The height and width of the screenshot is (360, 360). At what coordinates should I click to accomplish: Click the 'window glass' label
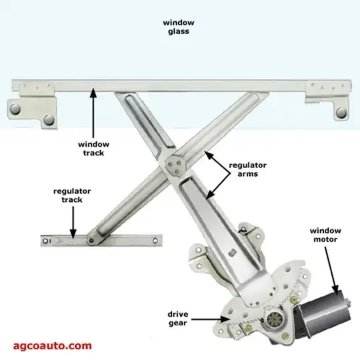pos(179,27)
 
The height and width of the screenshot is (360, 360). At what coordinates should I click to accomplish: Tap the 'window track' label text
pos(93,149)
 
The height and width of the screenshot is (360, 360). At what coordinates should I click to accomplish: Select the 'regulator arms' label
pos(248,169)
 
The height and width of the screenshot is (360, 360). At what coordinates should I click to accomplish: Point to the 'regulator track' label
pos(72,195)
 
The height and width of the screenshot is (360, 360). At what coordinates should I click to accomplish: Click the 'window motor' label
pos(325,235)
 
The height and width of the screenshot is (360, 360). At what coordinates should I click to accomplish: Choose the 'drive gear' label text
pos(178,319)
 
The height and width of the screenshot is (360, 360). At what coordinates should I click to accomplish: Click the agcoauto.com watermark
pos(53,346)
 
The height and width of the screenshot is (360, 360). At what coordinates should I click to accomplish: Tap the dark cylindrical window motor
pos(323,312)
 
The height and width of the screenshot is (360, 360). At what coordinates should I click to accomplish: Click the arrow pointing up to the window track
pos(93,113)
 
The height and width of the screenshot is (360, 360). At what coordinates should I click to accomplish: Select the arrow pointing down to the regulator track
pos(73,222)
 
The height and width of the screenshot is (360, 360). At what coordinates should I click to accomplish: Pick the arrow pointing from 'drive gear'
pos(210,319)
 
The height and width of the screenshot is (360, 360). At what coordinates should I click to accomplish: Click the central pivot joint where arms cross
pos(174,165)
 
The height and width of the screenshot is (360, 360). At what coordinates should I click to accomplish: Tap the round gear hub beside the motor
pos(275,319)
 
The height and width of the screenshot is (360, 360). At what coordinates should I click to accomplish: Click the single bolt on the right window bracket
pos(341,113)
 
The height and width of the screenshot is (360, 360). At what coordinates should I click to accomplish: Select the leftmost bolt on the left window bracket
pos(15,109)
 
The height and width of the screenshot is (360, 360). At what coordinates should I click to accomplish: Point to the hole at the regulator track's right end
pos(155,241)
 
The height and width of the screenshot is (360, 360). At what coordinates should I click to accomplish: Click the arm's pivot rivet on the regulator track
pos(91,241)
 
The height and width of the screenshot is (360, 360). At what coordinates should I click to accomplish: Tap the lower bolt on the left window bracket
pos(49,120)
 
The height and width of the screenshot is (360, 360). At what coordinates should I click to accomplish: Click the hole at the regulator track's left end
pos(46,241)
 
